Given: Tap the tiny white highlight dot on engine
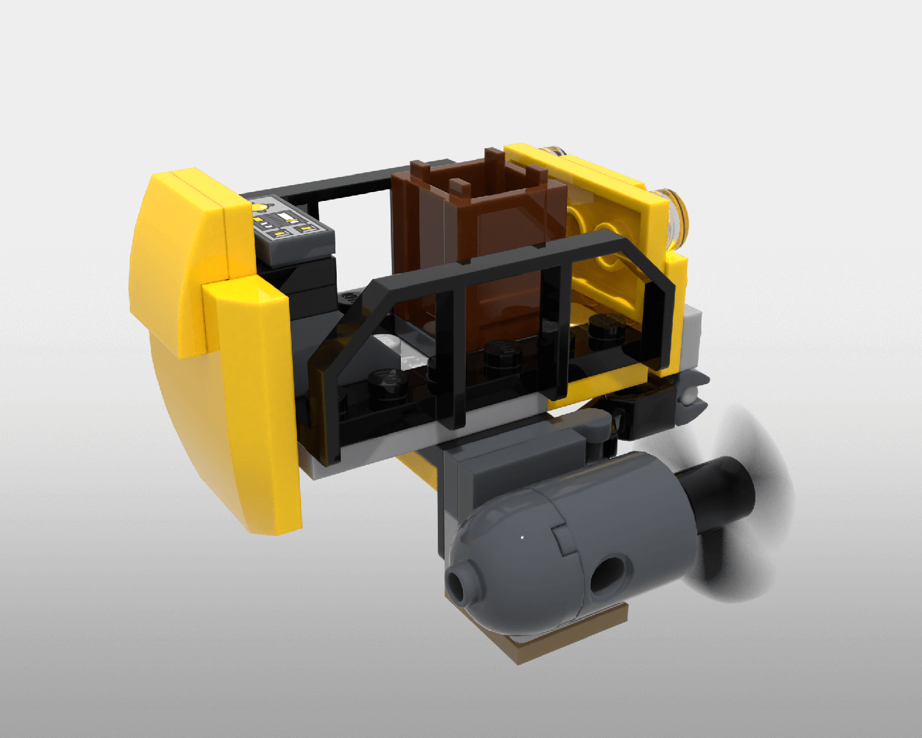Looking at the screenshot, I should click(x=522, y=538).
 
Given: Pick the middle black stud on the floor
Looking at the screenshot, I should click(x=502, y=352).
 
